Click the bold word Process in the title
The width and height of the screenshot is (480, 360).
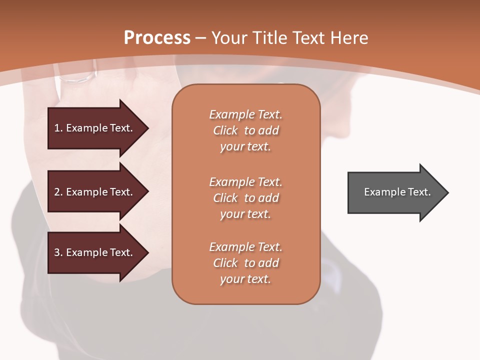[x=156, y=38]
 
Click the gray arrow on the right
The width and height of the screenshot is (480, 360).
[x=395, y=192]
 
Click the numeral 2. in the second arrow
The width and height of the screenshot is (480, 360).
[x=58, y=192]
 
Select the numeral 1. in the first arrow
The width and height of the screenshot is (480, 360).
[x=58, y=128]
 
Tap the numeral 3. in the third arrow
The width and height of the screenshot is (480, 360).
[x=58, y=252]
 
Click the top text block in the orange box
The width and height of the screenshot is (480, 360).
[x=245, y=130]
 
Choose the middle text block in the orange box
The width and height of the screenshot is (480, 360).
[x=245, y=198]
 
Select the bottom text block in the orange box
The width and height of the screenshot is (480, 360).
[x=245, y=263]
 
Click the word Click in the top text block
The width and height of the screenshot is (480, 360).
[x=225, y=130]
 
